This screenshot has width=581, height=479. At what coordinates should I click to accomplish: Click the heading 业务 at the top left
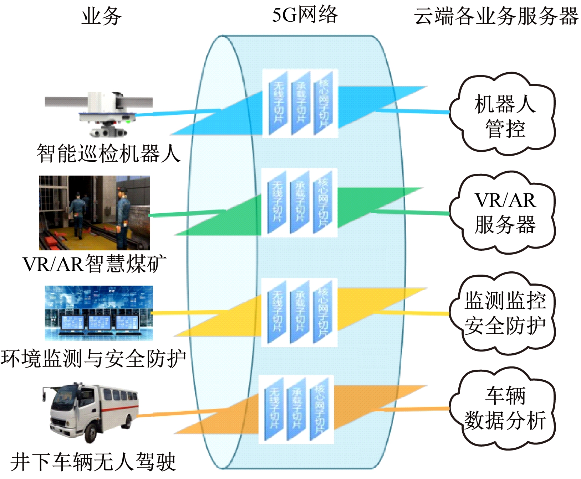[102, 16]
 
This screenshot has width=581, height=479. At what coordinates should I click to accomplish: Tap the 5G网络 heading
[305, 15]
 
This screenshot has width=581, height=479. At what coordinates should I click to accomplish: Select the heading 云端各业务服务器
[496, 16]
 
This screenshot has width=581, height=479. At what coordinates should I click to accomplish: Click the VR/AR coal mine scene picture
[95, 213]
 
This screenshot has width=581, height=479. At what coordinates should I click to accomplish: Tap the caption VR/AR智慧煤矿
[95, 264]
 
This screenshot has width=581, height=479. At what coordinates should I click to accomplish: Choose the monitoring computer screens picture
[99, 313]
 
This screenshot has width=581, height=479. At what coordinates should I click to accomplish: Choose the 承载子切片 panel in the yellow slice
[300, 312]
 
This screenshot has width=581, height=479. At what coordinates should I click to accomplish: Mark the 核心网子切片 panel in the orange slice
[319, 409]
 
